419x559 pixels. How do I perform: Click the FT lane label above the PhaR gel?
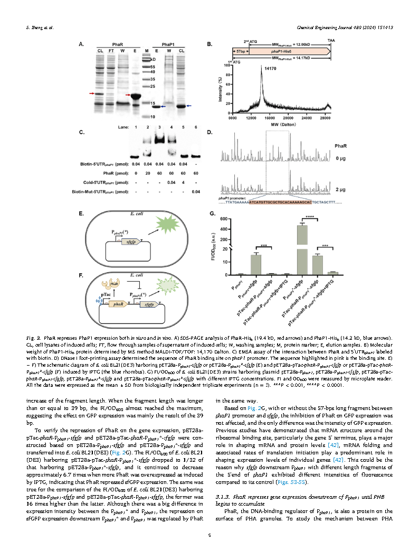tap(111, 51)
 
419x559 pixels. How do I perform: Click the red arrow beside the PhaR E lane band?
tap(128, 96)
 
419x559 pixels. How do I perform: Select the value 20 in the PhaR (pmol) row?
tap(146, 173)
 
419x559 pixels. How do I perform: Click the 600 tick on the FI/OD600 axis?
tap(224, 219)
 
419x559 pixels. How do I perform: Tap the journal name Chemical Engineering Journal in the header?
tap(334, 27)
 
